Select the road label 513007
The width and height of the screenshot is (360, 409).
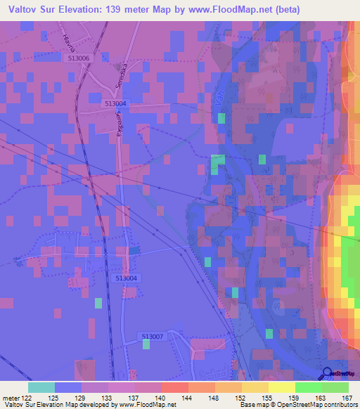tap(152, 337)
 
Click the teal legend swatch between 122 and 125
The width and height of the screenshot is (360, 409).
tap(41, 387)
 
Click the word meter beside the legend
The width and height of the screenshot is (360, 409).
tap(13, 398)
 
